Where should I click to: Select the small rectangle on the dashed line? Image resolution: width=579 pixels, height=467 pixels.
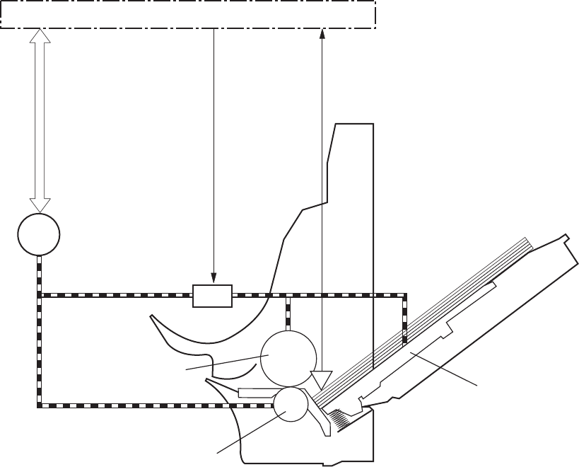pyautogui.click(x=213, y=296)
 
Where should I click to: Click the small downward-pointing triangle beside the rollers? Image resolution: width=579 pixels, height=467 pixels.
pyautogui.click(x=321, y=381)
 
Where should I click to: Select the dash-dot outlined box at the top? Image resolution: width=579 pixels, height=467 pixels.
pyautogui.click(x=187, y=14)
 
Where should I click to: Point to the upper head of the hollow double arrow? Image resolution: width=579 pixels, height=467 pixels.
pyautogui.click(x=41, y=35)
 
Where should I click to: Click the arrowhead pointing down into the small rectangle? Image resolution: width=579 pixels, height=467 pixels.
pyautogui.click(x=214, y=279)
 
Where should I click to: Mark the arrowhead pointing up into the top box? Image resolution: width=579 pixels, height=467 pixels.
pyautogui.click(x=322, y=33)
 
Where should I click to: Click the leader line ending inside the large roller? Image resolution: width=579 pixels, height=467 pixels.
pyautogui.click(x=226, y=362)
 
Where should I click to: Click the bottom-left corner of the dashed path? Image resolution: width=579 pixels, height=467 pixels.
pyautogui.click(x=40, y=405)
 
